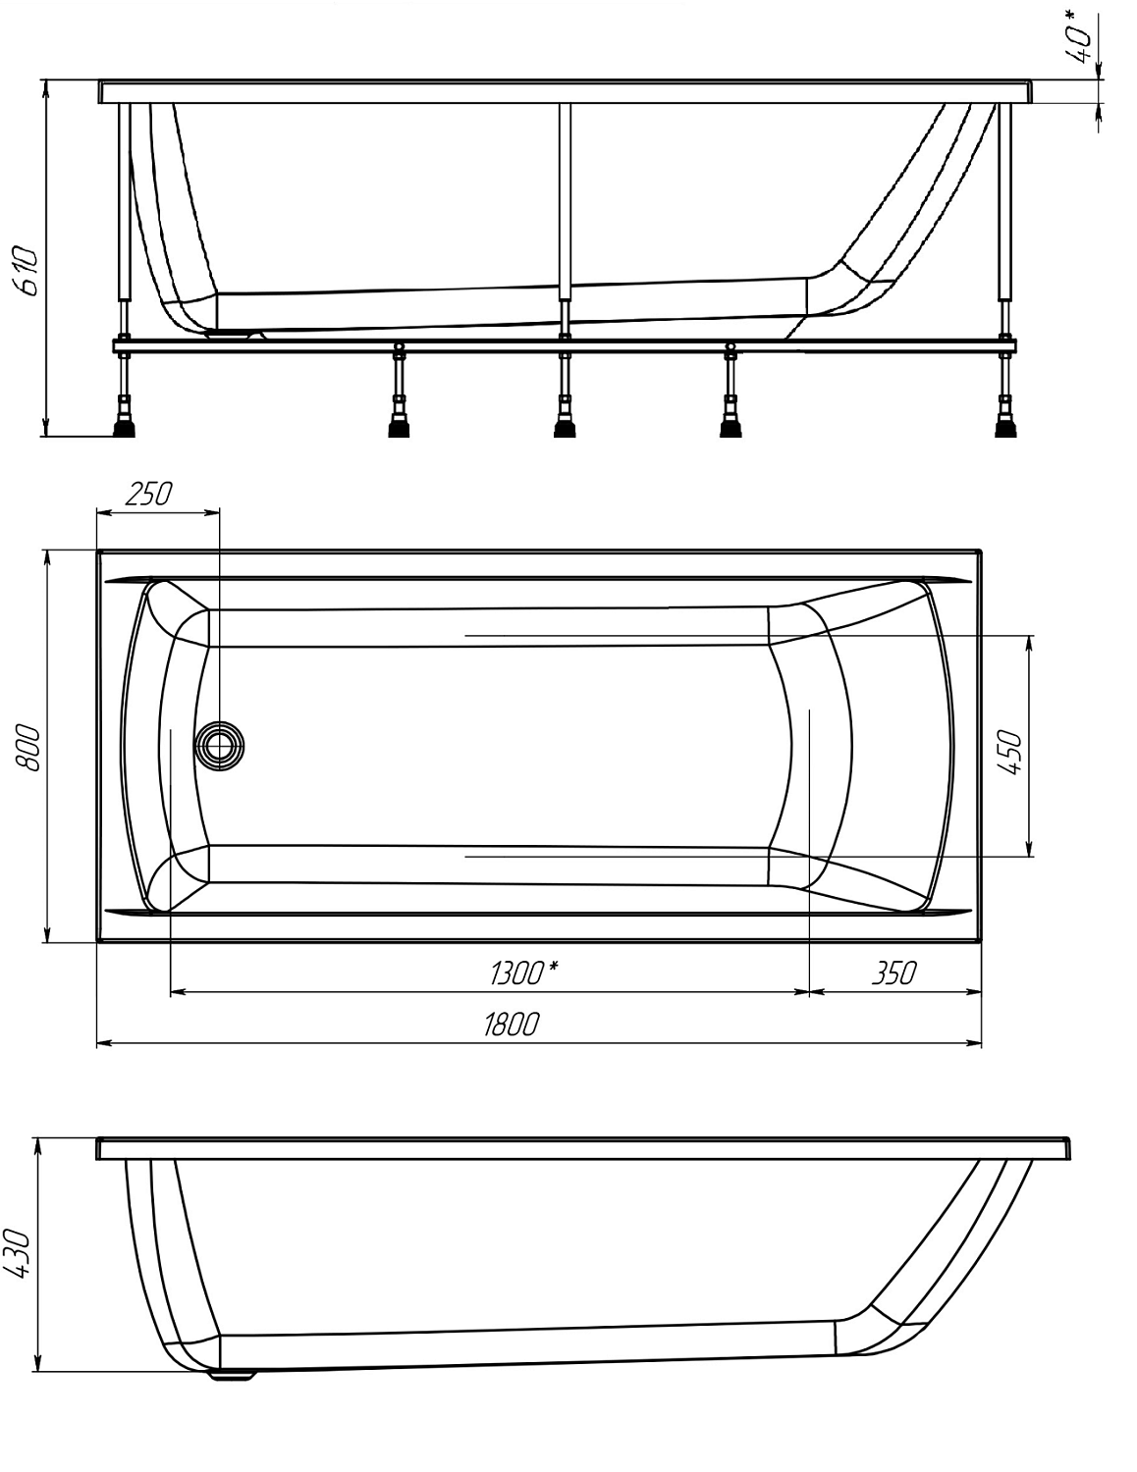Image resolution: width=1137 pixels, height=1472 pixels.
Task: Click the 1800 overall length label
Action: click(x=511, y=1025)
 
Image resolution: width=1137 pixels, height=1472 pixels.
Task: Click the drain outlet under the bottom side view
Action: click(x=234, y=1376)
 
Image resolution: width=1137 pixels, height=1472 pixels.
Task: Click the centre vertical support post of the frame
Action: click(x=564, y=201)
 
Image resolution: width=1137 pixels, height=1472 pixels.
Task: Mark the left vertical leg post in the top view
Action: click(x=124, y=201)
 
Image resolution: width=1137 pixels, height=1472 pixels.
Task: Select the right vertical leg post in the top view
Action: click(x=1003, y=201)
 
